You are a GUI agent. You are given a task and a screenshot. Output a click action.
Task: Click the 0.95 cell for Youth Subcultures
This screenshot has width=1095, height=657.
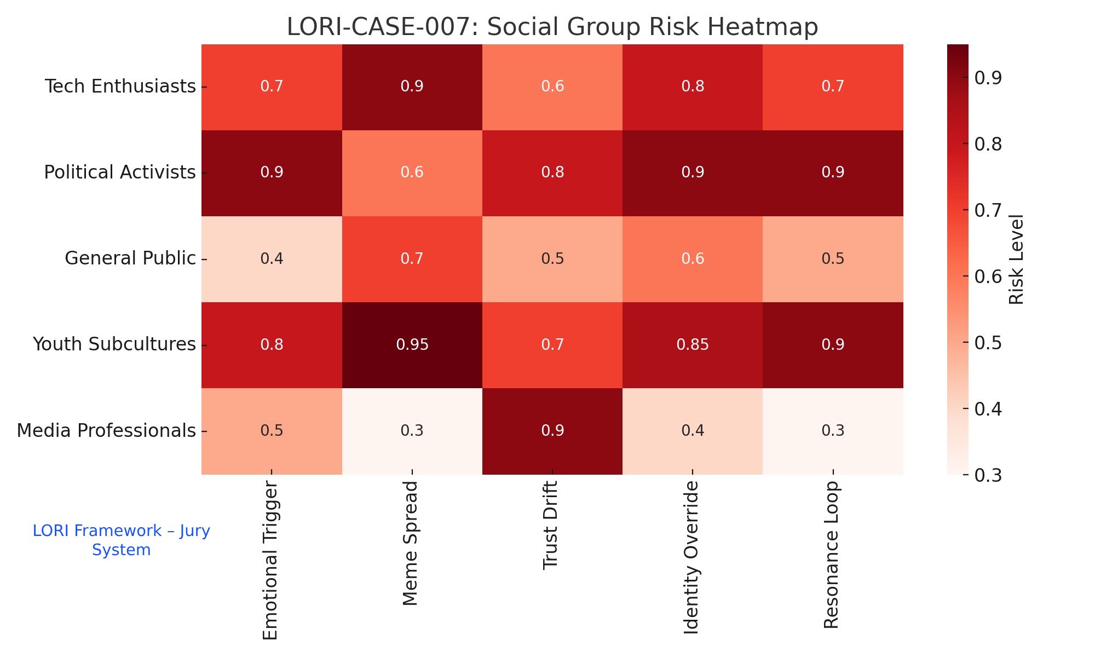(412, 344)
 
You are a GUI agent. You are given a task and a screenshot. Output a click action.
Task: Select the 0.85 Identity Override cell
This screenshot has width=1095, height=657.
(693, 344)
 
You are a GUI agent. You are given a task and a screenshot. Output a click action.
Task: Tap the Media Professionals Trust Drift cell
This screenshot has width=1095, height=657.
(552, 430)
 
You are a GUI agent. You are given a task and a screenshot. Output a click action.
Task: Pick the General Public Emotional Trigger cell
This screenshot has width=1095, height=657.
(272, 258)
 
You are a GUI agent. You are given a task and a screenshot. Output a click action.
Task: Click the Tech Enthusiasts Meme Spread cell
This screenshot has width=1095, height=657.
(412, 87)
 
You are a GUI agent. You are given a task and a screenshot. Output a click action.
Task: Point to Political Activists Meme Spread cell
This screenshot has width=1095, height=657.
(412, 172)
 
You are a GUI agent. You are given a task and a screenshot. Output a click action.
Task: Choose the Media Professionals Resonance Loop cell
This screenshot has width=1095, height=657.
(833, 430)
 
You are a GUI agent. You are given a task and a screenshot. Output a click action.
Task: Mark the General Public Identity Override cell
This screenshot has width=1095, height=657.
(693, 258)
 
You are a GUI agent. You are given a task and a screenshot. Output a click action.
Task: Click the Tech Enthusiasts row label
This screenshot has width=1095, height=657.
(120, 87)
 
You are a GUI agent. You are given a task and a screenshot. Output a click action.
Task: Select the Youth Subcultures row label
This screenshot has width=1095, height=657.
(114, 344)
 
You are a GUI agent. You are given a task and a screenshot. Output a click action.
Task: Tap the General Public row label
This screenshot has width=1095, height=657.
(130, 258)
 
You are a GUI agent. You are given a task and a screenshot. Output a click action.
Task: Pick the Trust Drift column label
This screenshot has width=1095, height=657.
(551, 526)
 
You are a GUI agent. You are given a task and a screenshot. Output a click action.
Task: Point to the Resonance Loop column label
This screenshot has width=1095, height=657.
(832, 555)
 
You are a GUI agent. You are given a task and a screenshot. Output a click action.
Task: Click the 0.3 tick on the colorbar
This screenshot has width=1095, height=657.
(988, 475)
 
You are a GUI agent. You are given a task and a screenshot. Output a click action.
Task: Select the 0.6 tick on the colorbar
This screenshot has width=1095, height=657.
(988, 276)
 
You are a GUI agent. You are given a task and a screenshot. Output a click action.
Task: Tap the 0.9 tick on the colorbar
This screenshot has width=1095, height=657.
(988, 78)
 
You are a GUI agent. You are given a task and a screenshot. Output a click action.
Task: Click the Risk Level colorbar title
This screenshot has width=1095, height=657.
(1016, 260)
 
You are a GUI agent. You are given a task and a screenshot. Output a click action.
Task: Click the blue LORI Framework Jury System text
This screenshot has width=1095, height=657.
(121, 540)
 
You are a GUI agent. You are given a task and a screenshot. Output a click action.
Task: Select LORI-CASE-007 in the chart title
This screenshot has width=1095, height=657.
(381, 27)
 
